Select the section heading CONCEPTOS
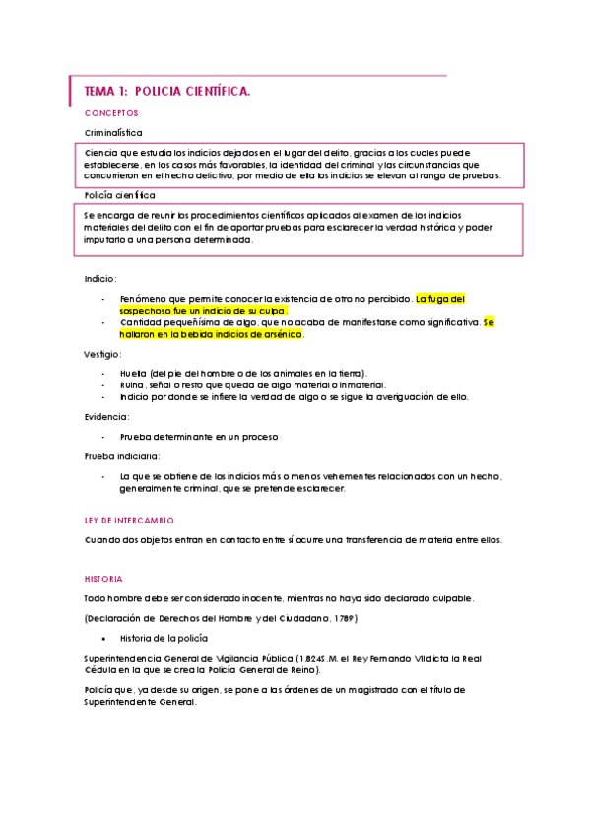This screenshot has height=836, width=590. tap(111, 114)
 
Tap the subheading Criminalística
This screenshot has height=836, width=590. tap(113, 132)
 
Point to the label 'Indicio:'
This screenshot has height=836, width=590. tap(100, 280)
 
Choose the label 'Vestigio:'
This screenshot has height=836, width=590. tap(102, 353)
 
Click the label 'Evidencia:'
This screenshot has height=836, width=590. tap(106, 417)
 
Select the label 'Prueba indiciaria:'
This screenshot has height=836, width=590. tap(123, 456)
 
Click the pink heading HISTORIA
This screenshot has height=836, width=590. tap(103, 579)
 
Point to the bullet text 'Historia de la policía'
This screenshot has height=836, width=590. tap(163, 638)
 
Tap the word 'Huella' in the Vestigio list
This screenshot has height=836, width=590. tap(133, 373)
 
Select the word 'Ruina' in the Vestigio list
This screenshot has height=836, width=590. tap(132, 384)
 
